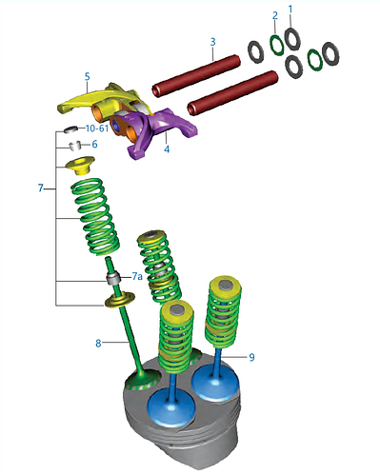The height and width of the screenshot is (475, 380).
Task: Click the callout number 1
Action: (290, 10)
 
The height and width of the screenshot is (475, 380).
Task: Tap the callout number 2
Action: (275, 15)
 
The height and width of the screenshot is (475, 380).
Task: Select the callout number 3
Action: (212, 42)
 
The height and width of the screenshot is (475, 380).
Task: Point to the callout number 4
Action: (167, 148)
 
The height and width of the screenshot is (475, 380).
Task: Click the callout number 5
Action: (87, 77)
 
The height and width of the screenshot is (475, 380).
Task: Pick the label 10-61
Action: (97, 129)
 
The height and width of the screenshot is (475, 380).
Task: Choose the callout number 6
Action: (94, 145)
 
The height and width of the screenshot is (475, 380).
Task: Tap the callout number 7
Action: (40, 188)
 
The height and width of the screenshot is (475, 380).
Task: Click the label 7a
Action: (137, 276)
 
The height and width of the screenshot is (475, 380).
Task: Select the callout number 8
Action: (98, 343)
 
